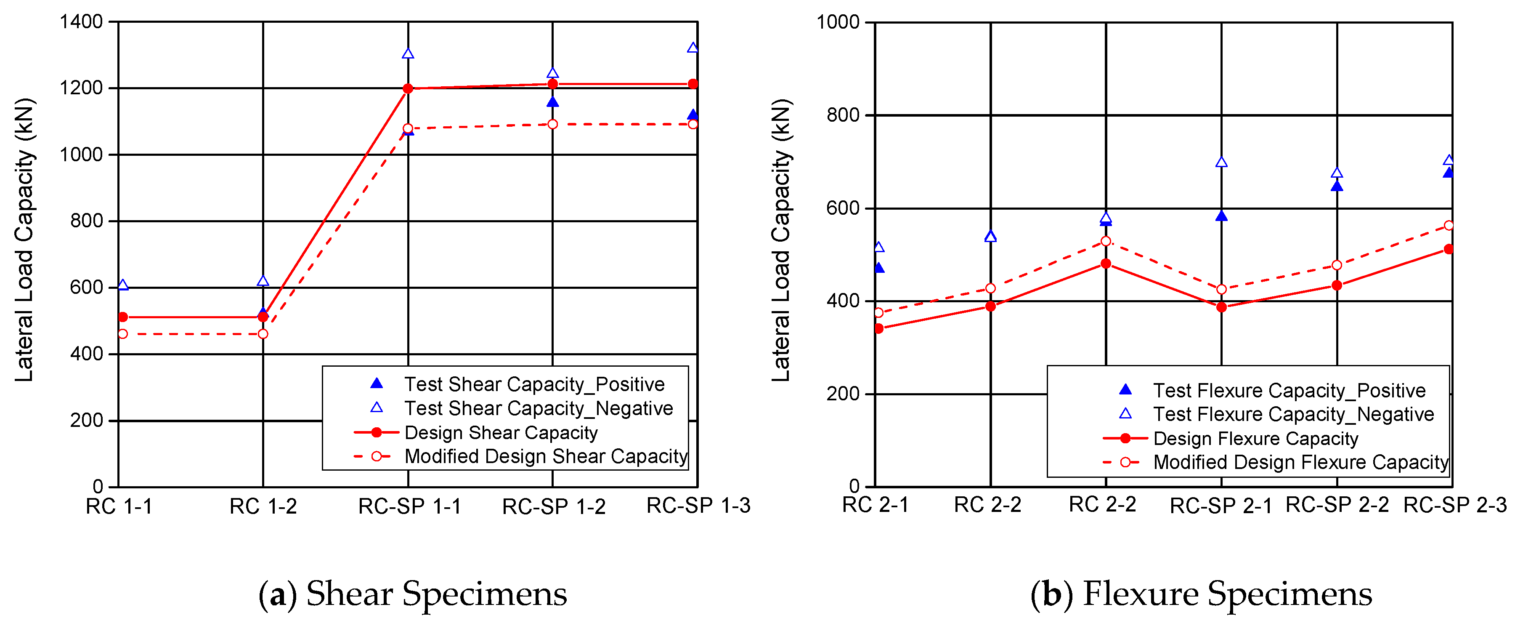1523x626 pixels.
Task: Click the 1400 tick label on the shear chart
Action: click(82, 22)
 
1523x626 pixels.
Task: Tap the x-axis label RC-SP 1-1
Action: click(409, 506)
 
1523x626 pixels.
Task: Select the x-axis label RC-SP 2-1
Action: click(1220, 506)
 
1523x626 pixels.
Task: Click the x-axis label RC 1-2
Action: click(263, 506)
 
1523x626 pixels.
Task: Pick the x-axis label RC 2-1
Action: click(875, 505)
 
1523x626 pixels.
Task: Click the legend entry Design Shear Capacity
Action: click(500, 432)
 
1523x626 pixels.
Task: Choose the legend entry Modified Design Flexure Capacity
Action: click(1300, 462)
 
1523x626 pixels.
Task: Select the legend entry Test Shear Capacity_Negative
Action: click(538, 408)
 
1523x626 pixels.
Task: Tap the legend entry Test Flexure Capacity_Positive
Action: click(1289, 391)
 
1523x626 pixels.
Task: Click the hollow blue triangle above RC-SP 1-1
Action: click(408, 54)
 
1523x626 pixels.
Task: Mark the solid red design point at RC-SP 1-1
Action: click(408, 89)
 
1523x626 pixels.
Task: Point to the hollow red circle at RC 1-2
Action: click(263, 334)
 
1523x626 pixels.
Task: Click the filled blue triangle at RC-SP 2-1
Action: click(1221, 216)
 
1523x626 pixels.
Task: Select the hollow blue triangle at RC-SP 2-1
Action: click(1221, 162)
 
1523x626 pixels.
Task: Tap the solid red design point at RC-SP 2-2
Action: click(1337, 285)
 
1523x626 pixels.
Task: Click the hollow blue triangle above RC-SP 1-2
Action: click(553, 73)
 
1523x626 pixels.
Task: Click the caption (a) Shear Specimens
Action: click(413, 594)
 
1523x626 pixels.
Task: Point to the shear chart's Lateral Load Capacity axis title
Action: click(24, 240)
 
